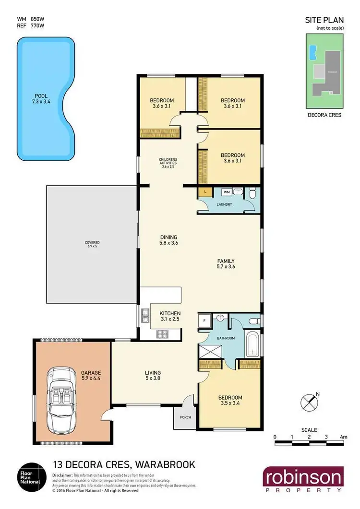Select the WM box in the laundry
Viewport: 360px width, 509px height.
[x=227, y=192]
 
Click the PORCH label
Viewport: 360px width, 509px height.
[x=185, y=417]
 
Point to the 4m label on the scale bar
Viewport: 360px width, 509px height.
[x=343, y=437]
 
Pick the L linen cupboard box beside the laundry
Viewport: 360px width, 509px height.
[x=205, y=192]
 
